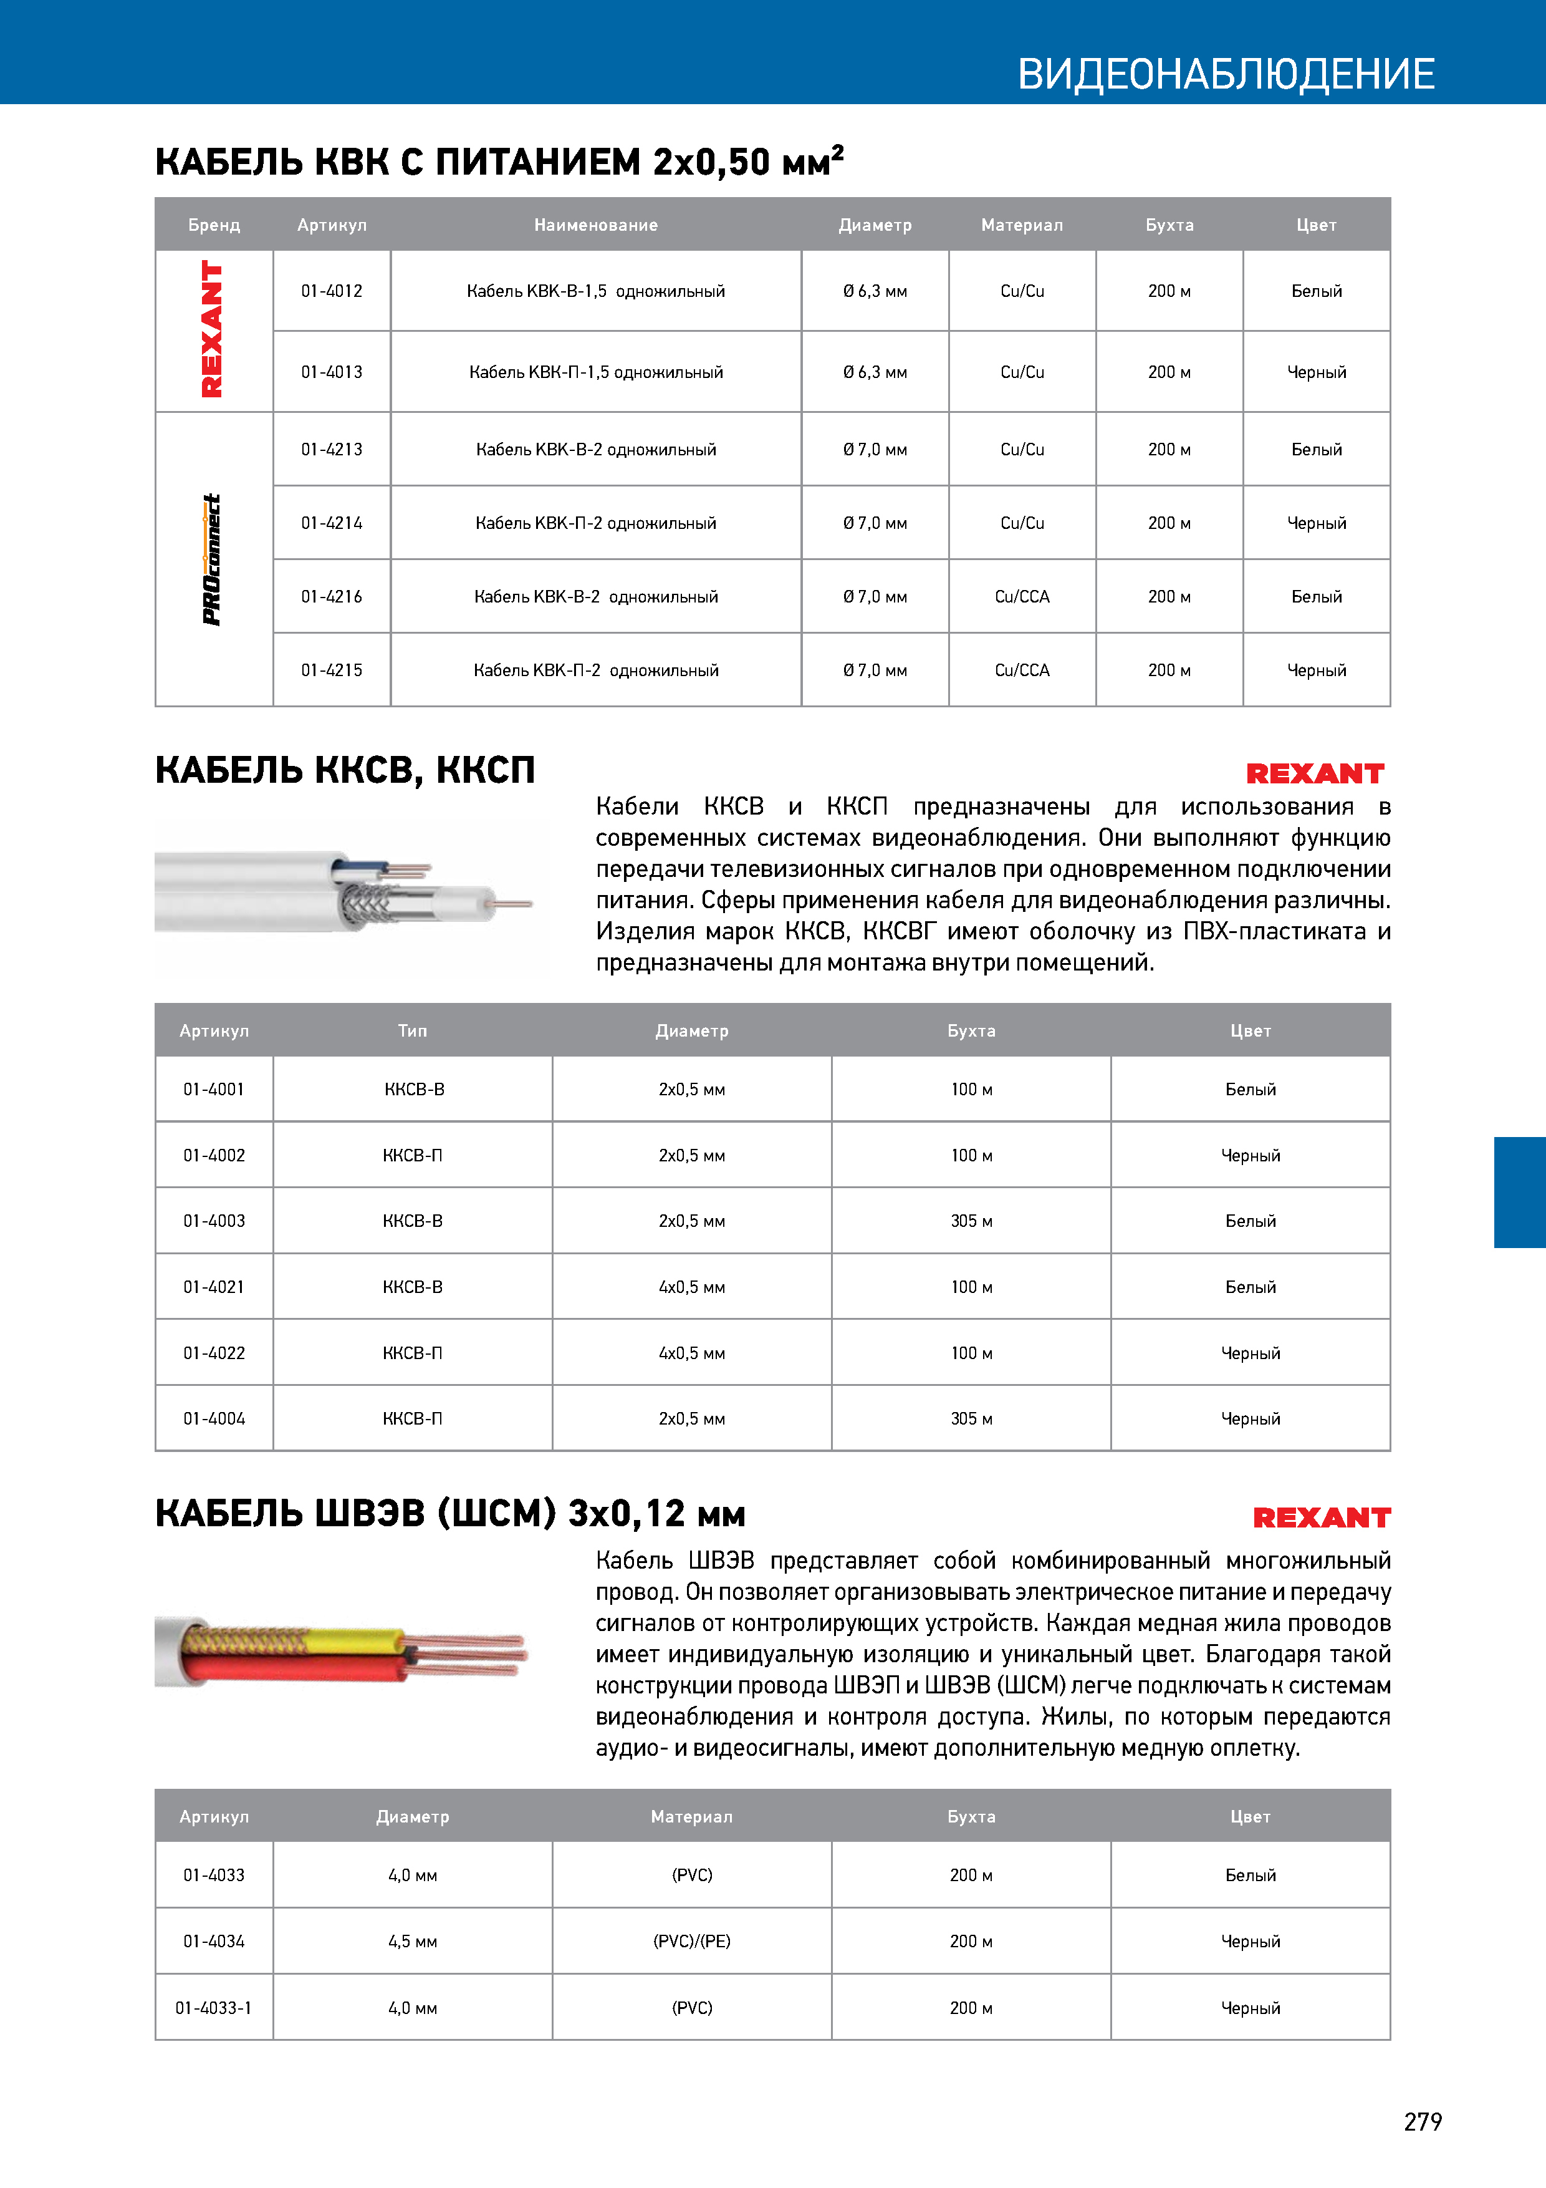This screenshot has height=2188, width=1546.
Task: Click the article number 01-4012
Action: (x=332, y=291)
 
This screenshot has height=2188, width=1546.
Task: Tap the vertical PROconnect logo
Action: (x=211, y=559)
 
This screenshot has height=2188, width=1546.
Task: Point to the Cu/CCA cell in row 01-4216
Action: (x=1022, y=596)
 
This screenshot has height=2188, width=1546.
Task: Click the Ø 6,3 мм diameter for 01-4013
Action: (x=875, y=372)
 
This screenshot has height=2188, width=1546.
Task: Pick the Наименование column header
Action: (x=595, y=225)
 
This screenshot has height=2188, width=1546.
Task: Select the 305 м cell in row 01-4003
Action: (x=971, y=1221)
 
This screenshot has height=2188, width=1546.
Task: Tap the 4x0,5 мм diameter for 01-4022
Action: (x=691, y=1353)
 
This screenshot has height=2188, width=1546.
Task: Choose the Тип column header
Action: (x=413, y=1030)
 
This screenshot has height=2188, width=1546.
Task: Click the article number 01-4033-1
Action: (x=213, y=2008)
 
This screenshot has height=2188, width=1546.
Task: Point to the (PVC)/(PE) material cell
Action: (x=691, y=1941)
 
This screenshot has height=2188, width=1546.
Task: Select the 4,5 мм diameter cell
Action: (x=413, y=1941)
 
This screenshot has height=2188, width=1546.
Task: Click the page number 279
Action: (x=1422, y=2121)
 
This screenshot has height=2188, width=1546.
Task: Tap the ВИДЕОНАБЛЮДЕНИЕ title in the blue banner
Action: (x=1226, y=74)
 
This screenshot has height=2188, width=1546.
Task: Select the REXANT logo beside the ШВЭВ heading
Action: (x=1321, y=1517)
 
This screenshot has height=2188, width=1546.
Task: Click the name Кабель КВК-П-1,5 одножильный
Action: (x=595, y=372)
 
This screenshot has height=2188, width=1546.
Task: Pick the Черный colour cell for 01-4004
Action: (x=1250, y=1419)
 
